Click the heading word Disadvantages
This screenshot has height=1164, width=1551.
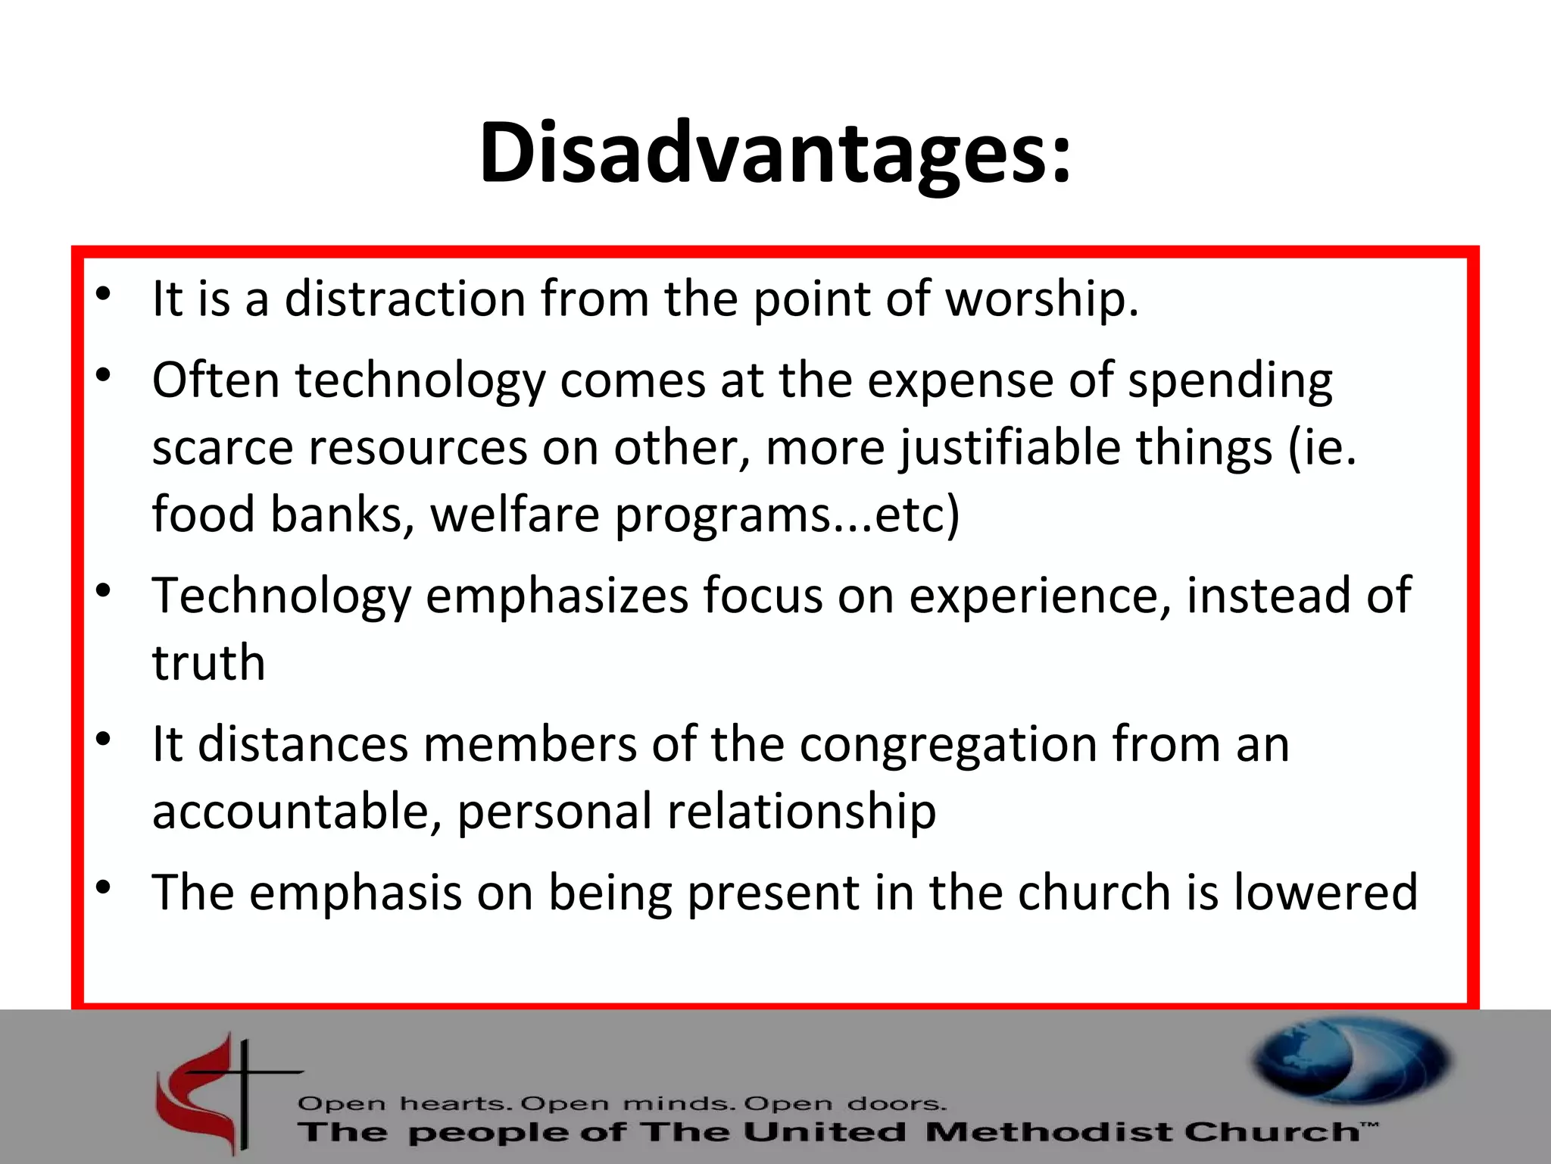click(x=774, y=153)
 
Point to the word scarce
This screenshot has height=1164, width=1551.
click(x=222, y=448)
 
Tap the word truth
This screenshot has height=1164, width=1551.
click(x=208, y=662)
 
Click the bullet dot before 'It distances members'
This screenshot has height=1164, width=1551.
click(x=104, y=738)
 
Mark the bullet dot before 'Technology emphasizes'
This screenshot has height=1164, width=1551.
click(x=104, y=590)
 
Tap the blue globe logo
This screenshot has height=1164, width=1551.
click(x=1350, y=1061)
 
